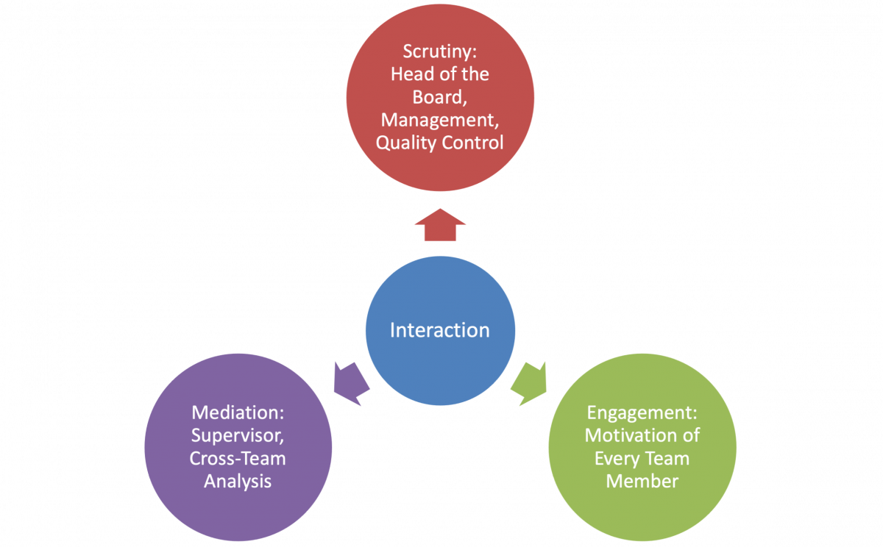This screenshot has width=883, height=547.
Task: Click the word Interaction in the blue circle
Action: [439, 330]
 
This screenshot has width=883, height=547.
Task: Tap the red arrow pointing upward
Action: [440, 225]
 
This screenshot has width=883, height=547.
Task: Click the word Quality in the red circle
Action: [406, 143]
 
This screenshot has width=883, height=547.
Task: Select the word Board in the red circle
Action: [437, 97]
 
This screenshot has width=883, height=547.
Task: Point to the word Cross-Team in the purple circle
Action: [238, 458]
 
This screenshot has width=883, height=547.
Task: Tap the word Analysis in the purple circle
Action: [238, 482]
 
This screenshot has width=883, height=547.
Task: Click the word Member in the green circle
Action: [642, 482]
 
